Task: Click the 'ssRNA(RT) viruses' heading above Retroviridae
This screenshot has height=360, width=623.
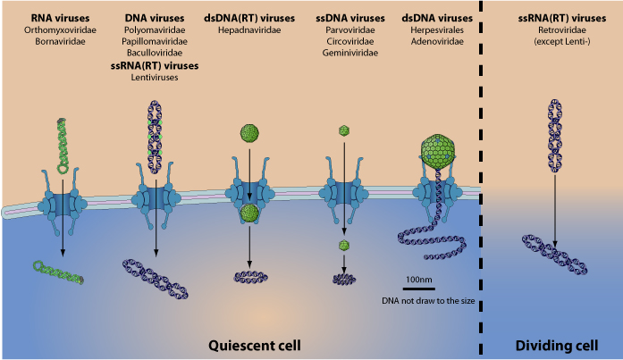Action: coord(555,17)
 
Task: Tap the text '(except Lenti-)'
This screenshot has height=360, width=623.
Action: coord(555,41)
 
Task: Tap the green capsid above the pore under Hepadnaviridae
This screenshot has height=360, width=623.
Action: coord(250,134)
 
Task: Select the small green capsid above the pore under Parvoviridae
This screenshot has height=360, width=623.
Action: coord(343,131)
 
